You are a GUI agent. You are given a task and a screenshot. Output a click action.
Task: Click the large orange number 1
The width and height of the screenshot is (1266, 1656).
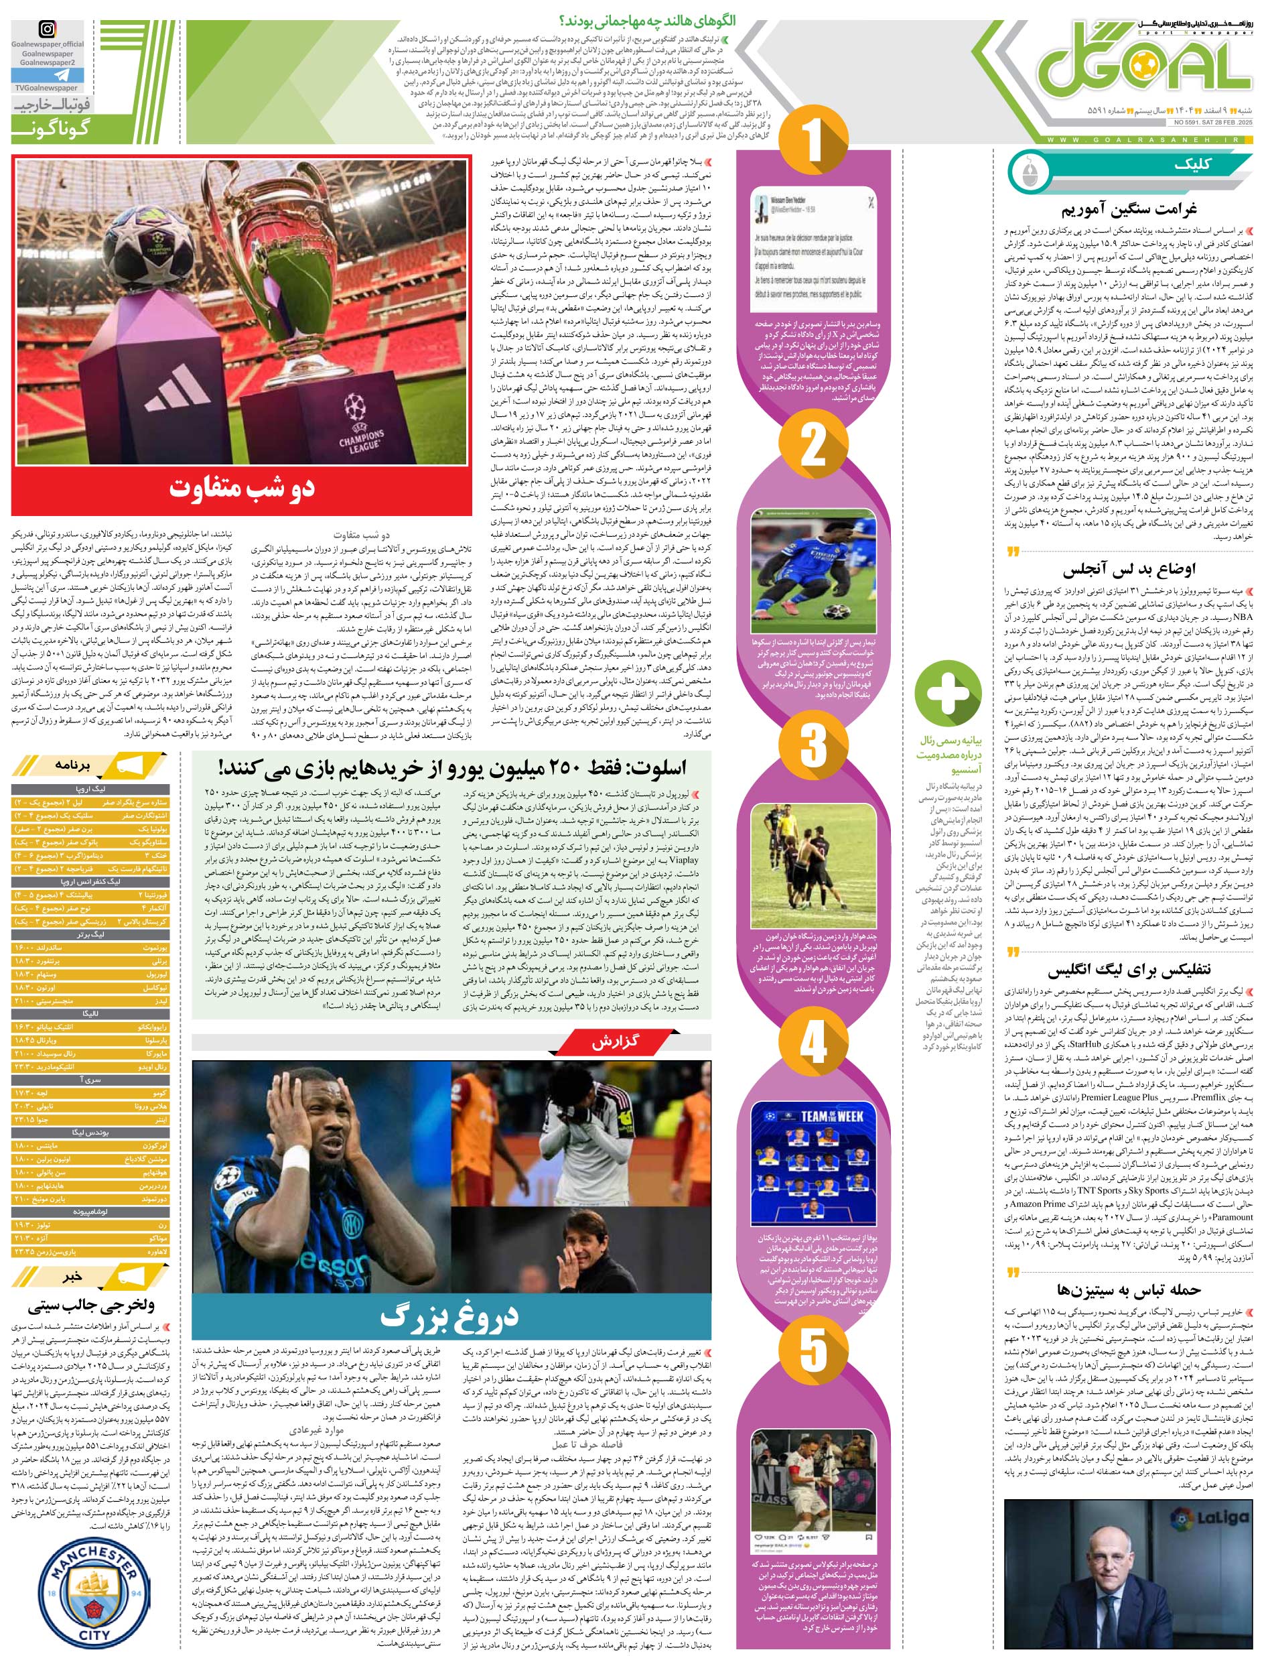click(x=812, y=139)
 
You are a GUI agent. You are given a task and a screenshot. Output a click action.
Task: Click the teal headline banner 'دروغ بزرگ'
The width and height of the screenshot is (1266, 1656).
click(x=451, y=1316)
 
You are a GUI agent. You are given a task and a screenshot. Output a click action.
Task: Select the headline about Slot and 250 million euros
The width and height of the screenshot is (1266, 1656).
click(x=452, y=767)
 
